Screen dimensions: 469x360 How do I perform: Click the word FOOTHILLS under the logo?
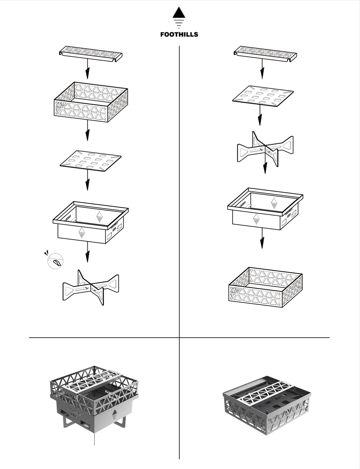(179, 34)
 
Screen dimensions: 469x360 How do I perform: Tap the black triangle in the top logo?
(179, 13)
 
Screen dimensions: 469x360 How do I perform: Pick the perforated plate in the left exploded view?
(91, 161)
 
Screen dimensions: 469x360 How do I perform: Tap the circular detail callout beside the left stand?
(55, 261)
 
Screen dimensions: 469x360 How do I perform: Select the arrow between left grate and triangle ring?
(88, 70)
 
